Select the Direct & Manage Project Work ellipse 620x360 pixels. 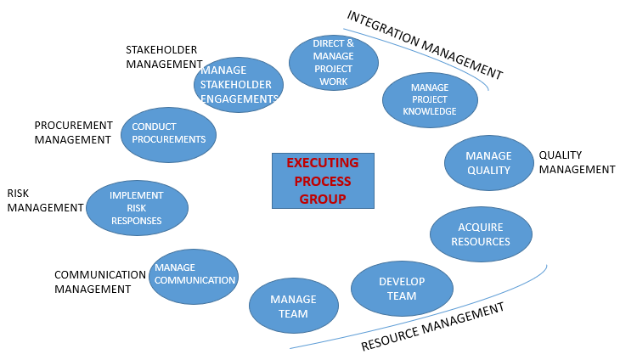(334, 62)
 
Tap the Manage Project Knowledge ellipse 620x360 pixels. (430, 99)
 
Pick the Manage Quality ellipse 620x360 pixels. (488, 162)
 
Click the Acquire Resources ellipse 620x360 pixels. (481, 234)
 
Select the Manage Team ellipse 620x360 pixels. (293, 306)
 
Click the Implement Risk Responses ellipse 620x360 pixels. (137, 207)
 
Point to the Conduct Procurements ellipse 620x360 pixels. (169, 133)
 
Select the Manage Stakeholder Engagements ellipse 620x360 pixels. (238, 85)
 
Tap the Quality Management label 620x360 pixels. (577, 162)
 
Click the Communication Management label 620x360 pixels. (99, 281)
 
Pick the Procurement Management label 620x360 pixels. (73, 132)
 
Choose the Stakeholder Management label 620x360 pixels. (164, 56)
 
